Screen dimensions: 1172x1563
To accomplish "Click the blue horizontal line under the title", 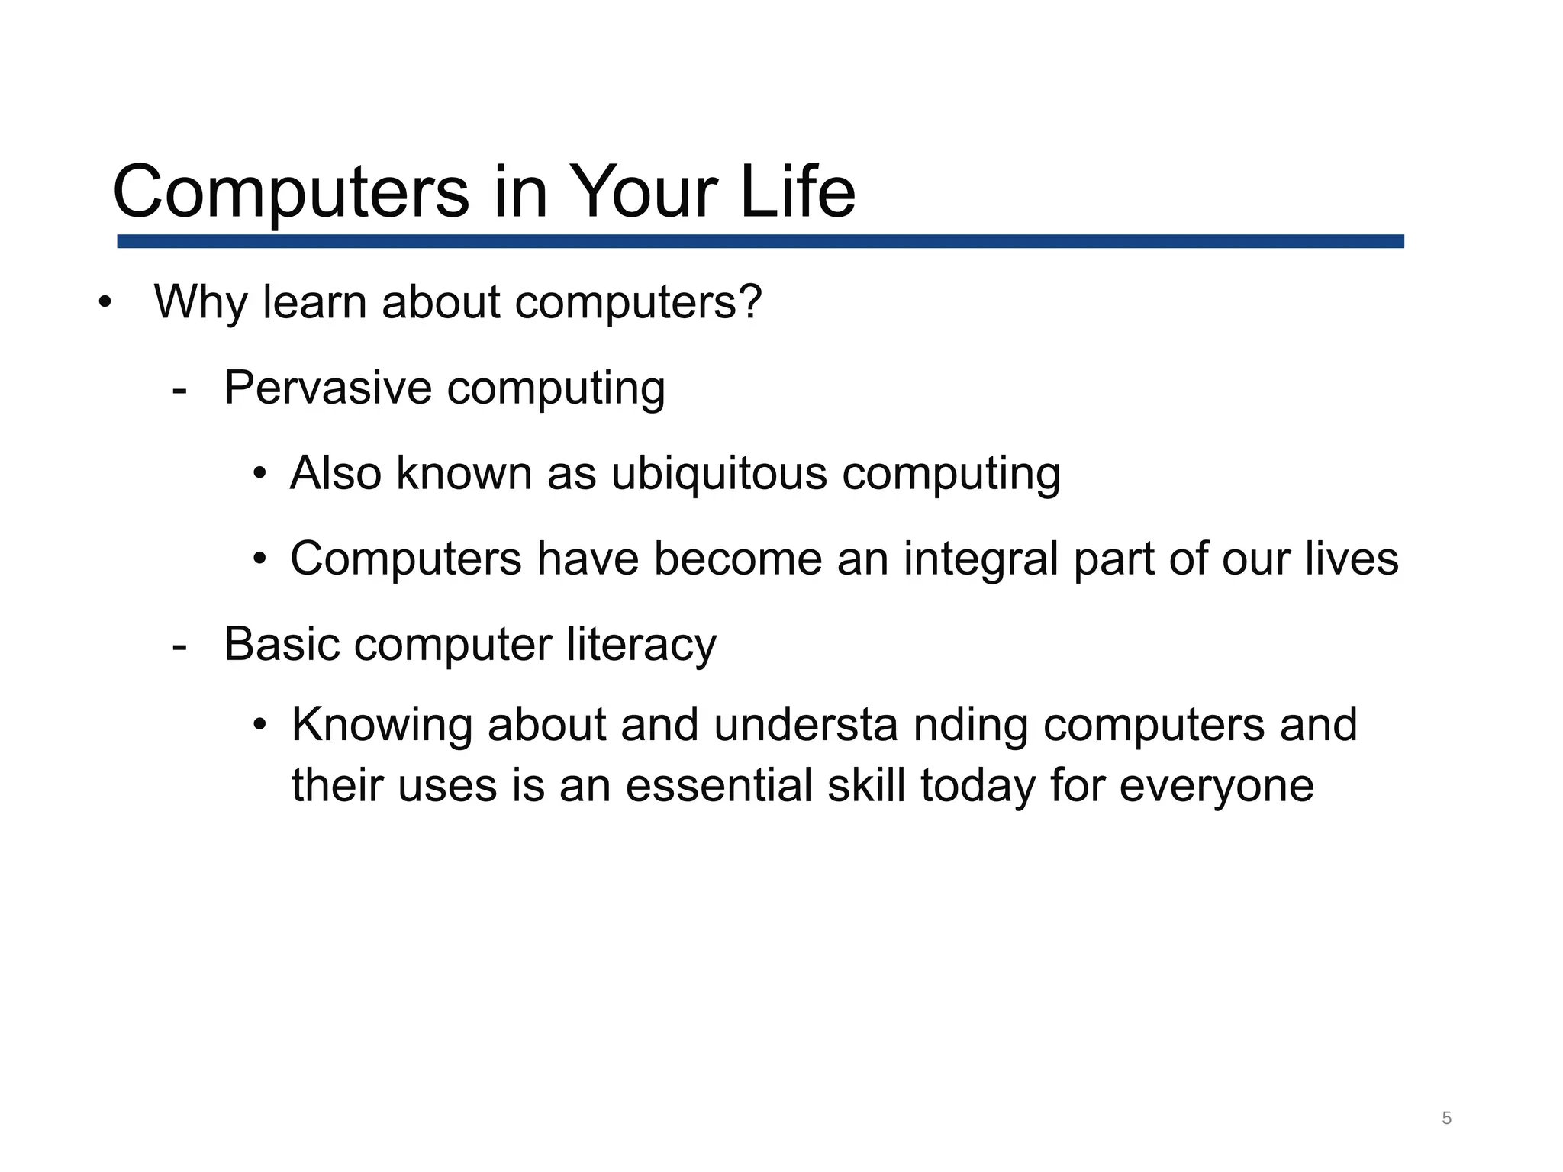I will click(759, 241).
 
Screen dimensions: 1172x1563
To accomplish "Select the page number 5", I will click(1446, 1119).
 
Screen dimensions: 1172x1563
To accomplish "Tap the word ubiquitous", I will click(719, 473).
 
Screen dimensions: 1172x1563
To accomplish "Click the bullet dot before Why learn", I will click(105, 303).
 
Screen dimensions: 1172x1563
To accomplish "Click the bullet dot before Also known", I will click(260, 474).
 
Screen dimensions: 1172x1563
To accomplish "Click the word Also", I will click(336, 473).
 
